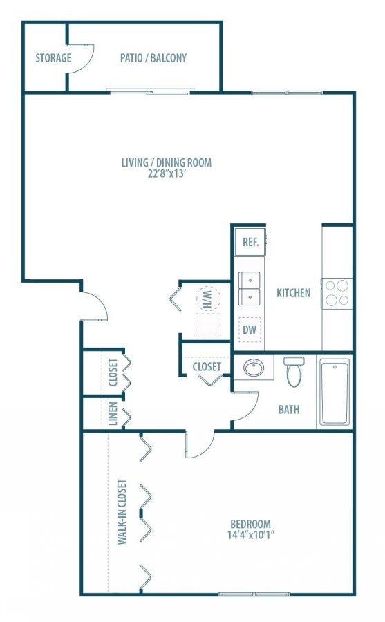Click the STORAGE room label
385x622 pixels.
click(x=53, y=58)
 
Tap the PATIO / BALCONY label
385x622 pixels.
click(x=153, y=58)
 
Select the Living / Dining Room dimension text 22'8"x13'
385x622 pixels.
click(x=166, y=174)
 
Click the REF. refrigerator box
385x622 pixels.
click(x=250, y=243)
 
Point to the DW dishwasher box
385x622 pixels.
click(x=250, y=330)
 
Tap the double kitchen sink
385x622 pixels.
click(x=250, y=288)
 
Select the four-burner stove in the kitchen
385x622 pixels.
click(x=337, y=292)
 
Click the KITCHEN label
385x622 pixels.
click(x=293, y=293)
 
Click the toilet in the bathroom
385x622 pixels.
click(x=294, y=372)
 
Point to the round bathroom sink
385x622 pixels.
click(x=253, y=368)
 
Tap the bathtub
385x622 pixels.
click(x=335, y=391)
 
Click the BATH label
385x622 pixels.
click(x=289, y=409)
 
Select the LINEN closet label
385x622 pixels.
click(x=113, y=413)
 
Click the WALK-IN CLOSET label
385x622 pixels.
click(x=122, y=511)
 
